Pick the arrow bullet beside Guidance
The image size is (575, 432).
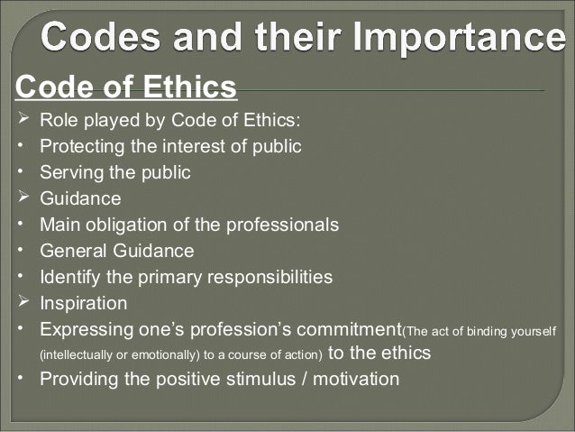[x=24, y=198]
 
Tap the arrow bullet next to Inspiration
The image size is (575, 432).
[x=24, y=302]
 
